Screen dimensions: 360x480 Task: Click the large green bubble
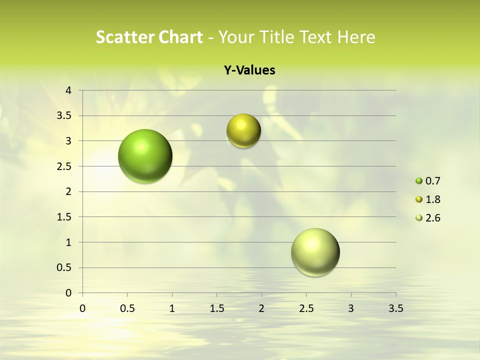[145, 156]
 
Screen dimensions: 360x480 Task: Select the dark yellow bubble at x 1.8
[243, 130]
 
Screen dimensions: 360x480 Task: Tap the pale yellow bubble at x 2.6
[315, 252]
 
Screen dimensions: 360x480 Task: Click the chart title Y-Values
[249, 70]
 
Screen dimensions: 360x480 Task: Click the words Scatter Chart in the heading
[149, 37]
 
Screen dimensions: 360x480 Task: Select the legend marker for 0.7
[419, 181]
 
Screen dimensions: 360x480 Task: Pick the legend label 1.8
[432, 199]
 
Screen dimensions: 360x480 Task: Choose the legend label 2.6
[432, 218]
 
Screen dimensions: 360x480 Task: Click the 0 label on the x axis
[82, 308]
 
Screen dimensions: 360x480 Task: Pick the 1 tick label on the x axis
[172, 308]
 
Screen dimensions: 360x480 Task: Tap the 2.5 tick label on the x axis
[306, 308]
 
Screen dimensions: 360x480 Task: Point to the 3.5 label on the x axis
[395, 308]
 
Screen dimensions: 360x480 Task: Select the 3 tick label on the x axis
[351, 308]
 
